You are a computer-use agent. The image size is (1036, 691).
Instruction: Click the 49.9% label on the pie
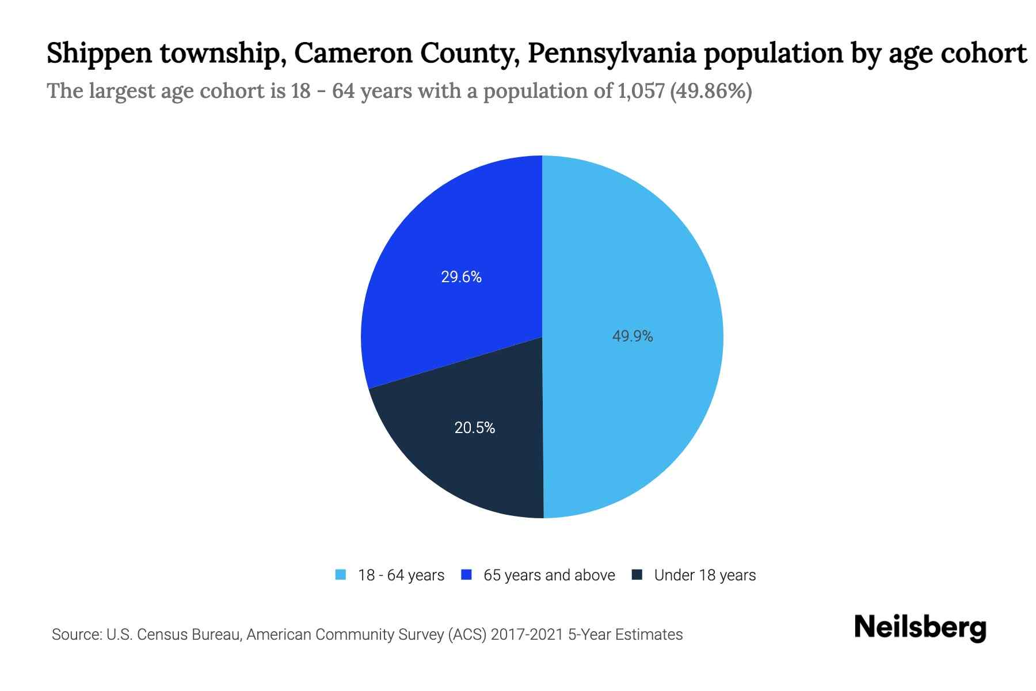pyautogui.click(x=632, y=336)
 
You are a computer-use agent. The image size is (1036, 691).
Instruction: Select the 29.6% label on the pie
pyautogui.click(x=461, y=277)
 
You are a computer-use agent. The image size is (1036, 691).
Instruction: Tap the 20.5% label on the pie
pyautogui.click(x=474, y=428)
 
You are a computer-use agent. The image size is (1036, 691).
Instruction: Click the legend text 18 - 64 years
pyautogui.click(x=401, y=575)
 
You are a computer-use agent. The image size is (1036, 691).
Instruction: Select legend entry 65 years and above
pyautogui.click(x=549, y=575)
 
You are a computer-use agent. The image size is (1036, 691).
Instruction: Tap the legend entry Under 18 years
pyautogui.click(x=704, y=575)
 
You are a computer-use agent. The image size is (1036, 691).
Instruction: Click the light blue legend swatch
pyautogui.click(x=341, y=575)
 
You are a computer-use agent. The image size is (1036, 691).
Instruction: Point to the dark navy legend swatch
pyautogui.click(x=637, y=575)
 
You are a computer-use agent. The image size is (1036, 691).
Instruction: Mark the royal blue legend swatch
pyautogui.click(x=466, y=575)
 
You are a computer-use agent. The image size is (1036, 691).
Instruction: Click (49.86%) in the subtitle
pyautogui.click(x=711, y=91)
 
